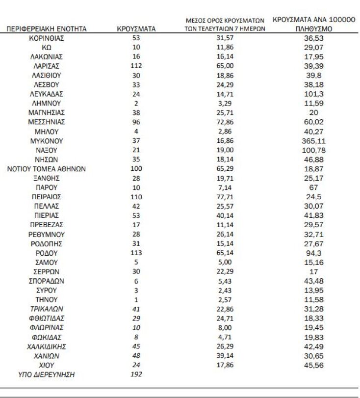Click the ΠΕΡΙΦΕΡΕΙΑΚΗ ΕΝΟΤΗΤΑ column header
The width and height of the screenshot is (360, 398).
[x=47, y=29]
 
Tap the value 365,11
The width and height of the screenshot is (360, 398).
[x=313, y=141]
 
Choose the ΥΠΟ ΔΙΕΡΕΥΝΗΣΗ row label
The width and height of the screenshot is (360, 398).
[x=47, y=374]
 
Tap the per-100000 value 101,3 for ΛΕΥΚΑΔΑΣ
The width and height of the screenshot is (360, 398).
[x=313, y=94]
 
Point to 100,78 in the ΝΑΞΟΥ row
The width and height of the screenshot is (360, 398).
[x=313, y=150]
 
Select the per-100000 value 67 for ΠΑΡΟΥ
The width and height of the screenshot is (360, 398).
[x=313, y=187]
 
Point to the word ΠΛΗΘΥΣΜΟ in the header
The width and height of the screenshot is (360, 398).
[x=313, y=29]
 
